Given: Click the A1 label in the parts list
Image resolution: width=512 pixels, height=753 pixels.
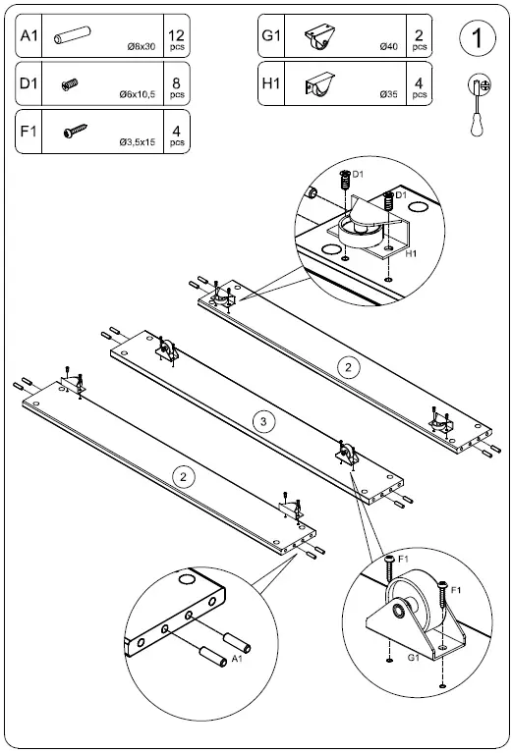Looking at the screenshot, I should point(29,36).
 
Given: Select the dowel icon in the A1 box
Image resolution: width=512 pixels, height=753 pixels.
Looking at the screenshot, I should point(75,36).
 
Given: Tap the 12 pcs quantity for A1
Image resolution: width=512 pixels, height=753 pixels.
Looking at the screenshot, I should point(177,37).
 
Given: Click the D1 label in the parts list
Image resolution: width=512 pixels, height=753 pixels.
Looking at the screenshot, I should point(29,83).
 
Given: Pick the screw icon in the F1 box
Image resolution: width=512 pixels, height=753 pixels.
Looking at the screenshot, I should point(74,131).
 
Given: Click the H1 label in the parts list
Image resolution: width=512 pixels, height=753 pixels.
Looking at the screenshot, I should point(272,83).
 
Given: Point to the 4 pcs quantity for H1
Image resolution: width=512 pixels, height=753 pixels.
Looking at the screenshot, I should point(420,84).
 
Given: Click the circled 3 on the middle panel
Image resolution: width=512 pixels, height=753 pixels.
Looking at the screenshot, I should point(261,422).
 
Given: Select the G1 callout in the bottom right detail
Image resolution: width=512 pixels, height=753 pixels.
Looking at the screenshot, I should point(413,655).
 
